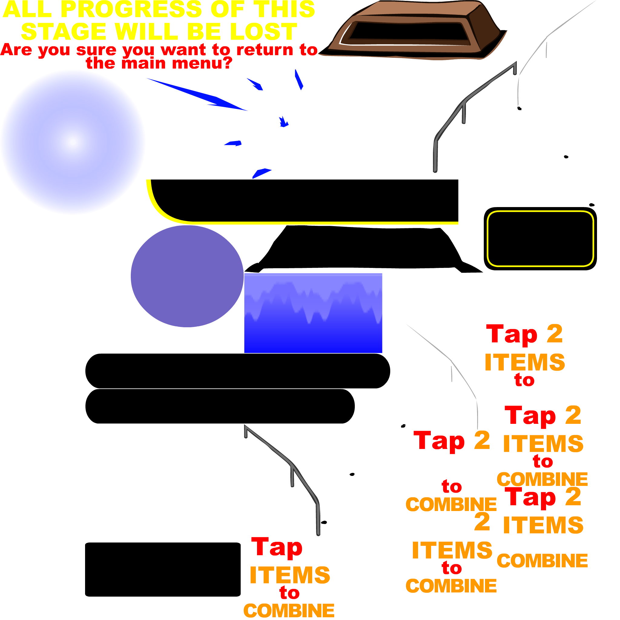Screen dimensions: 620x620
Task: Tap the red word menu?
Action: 202,63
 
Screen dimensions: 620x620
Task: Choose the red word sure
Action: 96,50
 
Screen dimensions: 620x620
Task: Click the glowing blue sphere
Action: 73,142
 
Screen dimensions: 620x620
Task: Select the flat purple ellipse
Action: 187,276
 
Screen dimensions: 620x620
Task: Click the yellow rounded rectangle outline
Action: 540,212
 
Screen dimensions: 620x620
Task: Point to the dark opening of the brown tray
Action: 407,32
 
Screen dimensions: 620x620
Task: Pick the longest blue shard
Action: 205,96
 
